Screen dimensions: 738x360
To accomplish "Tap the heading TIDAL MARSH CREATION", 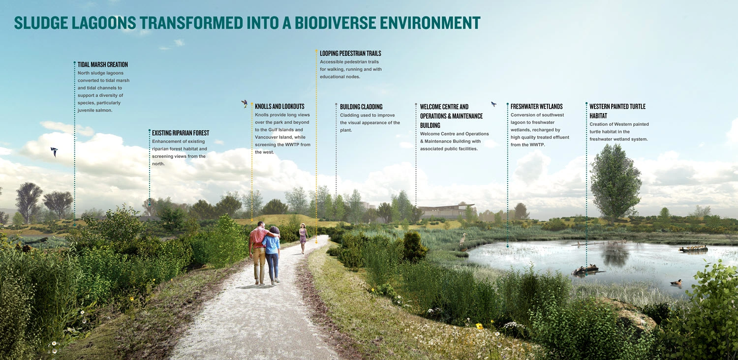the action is point(103,64).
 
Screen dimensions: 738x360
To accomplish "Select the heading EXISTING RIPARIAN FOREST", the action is point(181,133).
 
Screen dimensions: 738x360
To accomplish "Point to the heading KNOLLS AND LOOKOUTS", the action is point(280,106).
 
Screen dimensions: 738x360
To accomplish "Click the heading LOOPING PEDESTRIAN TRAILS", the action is point(350,53).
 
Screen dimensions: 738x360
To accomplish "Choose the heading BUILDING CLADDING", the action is point(361,107).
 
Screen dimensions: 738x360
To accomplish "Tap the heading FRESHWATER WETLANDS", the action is point(537,106).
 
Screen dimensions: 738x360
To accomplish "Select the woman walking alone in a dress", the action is point(303,238).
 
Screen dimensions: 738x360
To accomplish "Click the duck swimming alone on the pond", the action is point(676,282).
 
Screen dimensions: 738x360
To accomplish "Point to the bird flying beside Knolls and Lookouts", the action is point(245,104).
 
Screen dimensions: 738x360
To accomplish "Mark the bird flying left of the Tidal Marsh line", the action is point(54,152).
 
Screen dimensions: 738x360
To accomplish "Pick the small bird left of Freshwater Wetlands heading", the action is point(493,104).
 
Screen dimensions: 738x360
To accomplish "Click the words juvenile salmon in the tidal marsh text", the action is point(95,110).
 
